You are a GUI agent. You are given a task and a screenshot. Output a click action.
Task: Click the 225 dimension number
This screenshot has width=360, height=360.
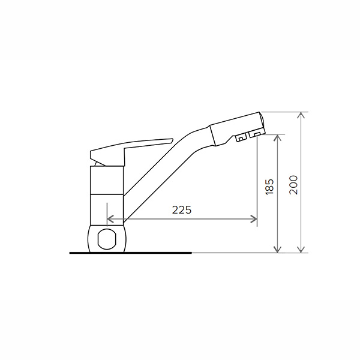pyautogui.click(x=182, y=210)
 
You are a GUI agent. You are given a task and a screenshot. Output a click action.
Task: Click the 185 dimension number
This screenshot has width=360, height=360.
pyautogui.click(x=269, y=187)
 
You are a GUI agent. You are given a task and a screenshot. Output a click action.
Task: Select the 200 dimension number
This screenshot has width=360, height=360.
pyautogui.click(x=293, y=185)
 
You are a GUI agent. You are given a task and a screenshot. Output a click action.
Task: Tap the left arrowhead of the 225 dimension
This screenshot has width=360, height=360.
pyautogui.click(x=110, y=219)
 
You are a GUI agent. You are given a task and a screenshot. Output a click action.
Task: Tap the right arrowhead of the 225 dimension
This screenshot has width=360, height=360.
pyautogui.click(x=254, y=219)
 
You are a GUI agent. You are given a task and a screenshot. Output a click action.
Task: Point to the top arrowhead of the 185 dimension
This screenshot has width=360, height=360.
pyautogui.click(x=278, y=138)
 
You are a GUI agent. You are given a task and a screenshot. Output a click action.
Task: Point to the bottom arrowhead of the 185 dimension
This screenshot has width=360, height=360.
pyautogui.click(x=278, y=250)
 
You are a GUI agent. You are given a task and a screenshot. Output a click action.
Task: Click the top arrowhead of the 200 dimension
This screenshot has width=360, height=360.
pyautogui.click(x=301, y=115)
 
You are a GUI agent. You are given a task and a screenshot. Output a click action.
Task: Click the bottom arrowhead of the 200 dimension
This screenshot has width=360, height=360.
pyautogui.click(x=301, y=250)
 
